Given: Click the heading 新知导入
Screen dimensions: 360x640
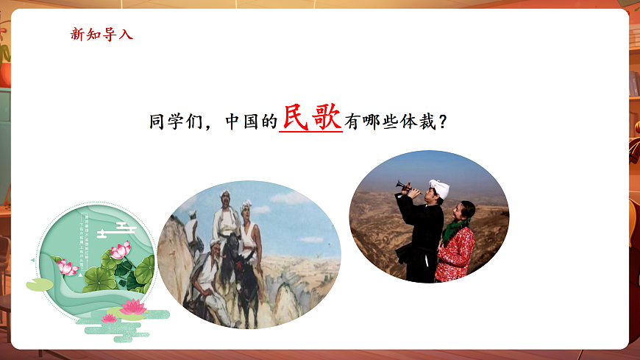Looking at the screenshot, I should (102, 34).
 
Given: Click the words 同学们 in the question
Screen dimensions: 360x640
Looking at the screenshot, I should (174, 122).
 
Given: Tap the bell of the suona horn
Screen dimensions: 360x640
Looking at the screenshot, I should (399, 184).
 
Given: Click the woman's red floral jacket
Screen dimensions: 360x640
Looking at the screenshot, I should (456, 255).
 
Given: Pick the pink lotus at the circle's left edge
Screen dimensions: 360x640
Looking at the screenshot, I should (67, 267).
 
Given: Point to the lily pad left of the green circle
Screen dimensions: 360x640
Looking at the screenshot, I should (39, 284).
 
